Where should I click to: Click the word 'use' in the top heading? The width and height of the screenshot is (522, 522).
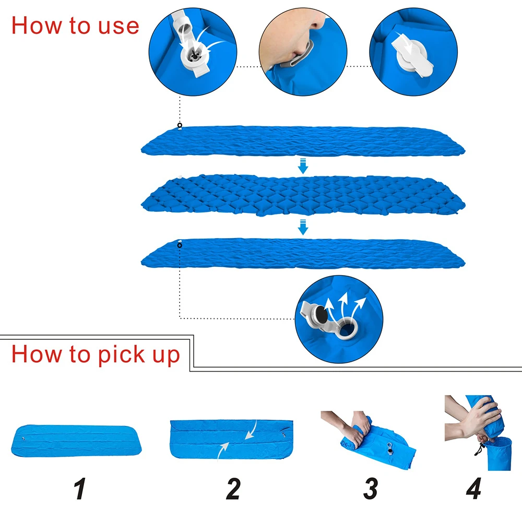tap(118, 27)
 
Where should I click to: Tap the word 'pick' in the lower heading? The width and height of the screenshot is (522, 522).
tap(121, 354)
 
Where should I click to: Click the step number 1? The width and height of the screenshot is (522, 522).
tap(80, 489)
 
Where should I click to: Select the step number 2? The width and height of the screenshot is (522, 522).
tap(233, 489)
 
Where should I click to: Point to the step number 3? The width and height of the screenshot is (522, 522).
tap(371, 489)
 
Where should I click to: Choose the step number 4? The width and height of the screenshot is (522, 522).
tap(474, 489)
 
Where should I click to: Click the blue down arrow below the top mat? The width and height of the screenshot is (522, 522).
tap(303, 166)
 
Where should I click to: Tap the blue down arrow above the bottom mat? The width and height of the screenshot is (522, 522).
tap(303, 227)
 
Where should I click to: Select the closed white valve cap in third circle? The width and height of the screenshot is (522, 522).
tap(413, 56)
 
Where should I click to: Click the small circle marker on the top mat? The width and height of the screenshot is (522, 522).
tap(180, 125)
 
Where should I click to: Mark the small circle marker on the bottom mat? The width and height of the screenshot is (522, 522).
tap(180, 245)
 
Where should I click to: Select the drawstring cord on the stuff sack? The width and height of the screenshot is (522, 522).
tap(479, 449)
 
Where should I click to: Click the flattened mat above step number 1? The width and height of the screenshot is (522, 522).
tap(76, 441)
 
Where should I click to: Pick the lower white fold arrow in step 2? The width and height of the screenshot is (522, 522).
tap(223, 450)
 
